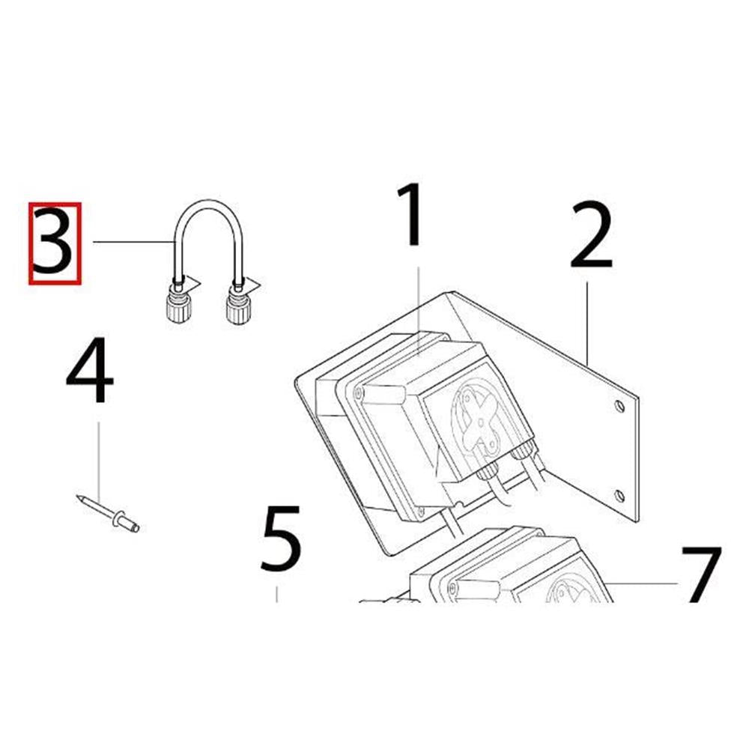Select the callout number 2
[x=592, y=235]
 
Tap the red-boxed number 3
[x=55, y=243]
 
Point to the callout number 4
[x=90, y=370]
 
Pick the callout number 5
[x=282, y=539]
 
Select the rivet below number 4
[x=108, y=514]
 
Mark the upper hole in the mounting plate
[x=619, y=407]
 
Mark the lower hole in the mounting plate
[x=619, y=496]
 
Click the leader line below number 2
[x=587, y=324]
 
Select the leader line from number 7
[x=644, y=583]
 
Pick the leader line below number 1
[x=419, y=311]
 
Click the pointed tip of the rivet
[x=77, y=497]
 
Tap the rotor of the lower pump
[x=568, y=591]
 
